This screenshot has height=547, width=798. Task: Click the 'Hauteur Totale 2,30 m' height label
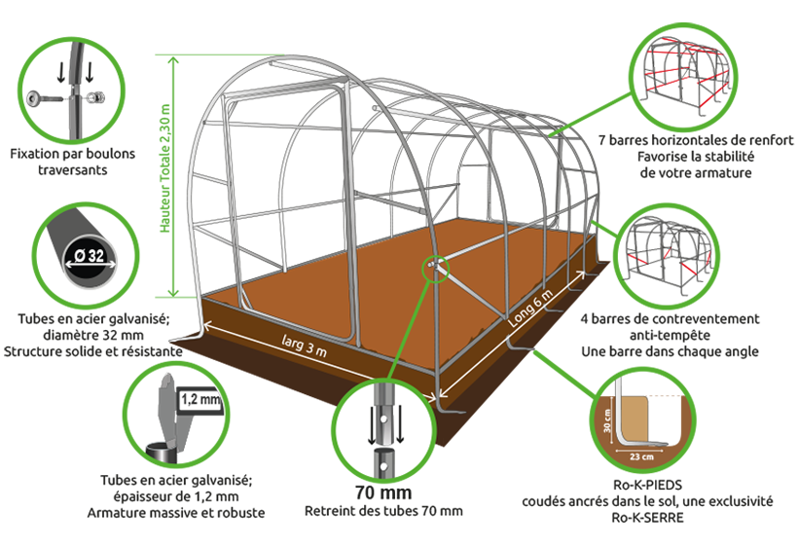164,168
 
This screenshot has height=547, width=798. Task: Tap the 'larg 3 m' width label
305,345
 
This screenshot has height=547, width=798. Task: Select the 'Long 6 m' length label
530,309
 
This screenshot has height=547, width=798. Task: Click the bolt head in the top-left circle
35,97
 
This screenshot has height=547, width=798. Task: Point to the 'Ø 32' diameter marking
90,255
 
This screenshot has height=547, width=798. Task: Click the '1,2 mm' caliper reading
200,399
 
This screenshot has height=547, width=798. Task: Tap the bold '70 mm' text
383,492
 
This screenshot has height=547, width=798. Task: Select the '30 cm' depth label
607,421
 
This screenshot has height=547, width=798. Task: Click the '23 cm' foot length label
641,456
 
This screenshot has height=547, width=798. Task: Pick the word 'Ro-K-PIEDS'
647,485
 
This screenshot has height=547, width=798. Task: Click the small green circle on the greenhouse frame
436,269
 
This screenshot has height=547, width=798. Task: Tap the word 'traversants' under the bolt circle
73,170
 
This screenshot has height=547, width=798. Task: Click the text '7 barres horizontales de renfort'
695,140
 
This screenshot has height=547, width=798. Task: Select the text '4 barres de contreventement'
670,319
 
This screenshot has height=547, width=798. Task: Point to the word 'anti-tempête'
670,336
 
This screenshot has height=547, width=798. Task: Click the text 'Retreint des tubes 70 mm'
383,511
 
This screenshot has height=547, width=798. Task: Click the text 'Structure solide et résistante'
93,351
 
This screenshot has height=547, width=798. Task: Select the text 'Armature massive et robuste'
176,512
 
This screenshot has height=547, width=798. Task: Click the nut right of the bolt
95,96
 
